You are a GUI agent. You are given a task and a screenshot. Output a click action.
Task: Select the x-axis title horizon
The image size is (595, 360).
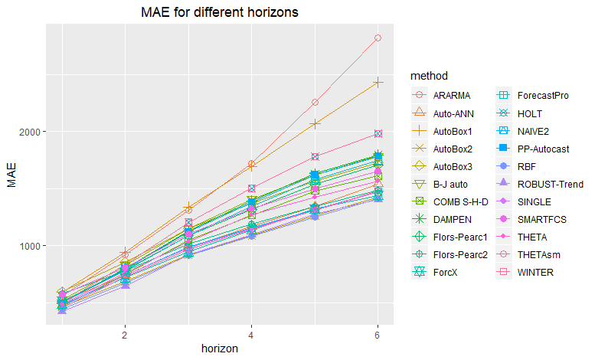pyautogui.click(x=219, y=349)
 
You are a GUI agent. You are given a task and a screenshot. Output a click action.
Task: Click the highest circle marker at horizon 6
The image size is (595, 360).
pyautogui.click(x=378, y=38)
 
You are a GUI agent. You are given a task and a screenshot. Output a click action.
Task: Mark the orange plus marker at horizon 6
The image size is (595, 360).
pyautogui.click(x=378, y=82)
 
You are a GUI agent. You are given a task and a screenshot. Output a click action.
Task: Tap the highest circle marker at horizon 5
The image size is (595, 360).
pyautogui.click(x=315, y=103)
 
